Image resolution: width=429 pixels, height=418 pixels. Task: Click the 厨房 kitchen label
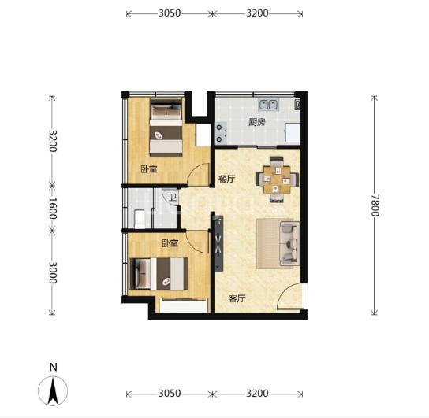click(x=257, y=122)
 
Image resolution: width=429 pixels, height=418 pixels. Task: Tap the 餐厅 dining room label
click(x=227, y=179)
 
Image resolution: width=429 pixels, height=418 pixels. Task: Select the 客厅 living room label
click(x=237, y=298)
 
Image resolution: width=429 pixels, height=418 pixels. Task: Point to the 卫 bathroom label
click(x=173, y=197)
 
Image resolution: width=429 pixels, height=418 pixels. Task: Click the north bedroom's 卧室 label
click(x=149, y=169)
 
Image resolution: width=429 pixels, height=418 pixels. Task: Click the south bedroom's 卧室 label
click(x=170, y=243)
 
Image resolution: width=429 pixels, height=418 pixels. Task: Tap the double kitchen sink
click(x=269, y=105)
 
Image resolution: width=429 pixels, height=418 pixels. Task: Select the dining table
click(x=277, y=179)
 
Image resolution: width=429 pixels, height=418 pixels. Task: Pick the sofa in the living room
click(x=289, y=243)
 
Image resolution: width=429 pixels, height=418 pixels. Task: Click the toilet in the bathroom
click(x=140, y=219)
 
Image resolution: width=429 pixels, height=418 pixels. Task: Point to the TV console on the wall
click(x=218, y=243)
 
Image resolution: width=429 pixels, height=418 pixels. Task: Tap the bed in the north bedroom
click(x=166, y=128)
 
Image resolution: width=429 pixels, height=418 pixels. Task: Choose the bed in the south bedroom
click(x=159, y=274)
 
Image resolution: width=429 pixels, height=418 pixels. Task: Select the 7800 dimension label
click(x=375, y=205)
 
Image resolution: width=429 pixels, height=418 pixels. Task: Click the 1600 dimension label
click(x=53, y=208)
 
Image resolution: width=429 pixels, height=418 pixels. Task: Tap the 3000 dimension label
click(x=53, y=272)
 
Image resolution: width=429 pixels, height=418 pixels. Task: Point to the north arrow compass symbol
click(x=53, y=390)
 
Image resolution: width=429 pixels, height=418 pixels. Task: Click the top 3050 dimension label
click(x=170, y=13)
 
